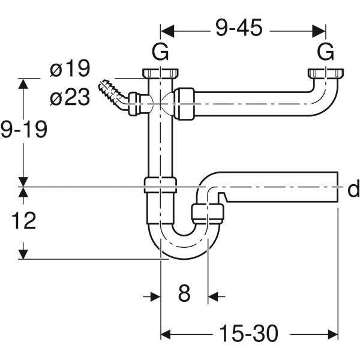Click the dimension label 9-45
pos(238,29)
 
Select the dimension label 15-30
pos(248,332)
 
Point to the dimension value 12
pos(23,221)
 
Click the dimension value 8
pos(184,294)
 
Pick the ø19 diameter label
pos(70,70)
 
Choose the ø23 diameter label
pos(70,97)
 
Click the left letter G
pos(160,53)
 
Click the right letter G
pos(325,53)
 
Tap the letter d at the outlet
pos(353,190)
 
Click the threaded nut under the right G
pos(324,74)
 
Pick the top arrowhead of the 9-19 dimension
pos(23,84)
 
